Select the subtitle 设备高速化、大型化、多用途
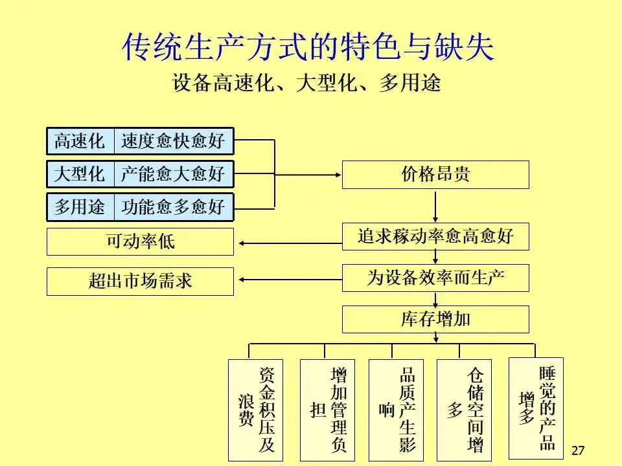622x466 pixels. (x=306, y=83)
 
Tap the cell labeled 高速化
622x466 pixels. (x=80, y=141)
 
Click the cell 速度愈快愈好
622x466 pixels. (x=173, y=141)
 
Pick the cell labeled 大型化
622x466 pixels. (x=80, y=173)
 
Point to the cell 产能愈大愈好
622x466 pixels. (x=173, y=173)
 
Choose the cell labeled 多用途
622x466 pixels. (x=80, y=206)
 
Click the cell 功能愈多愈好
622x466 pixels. (x=173, y=206)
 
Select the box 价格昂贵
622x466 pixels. (x=435, y=174)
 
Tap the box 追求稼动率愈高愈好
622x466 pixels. (x=435, y=236)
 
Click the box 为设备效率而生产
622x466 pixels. (x=435, y=278)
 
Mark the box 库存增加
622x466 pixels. (x=435, y=319)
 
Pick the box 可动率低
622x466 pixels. (x=140, y=242)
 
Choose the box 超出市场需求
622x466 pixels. (x=140, y=282)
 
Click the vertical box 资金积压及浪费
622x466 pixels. (x=255, y=410)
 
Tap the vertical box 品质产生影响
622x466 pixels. (x=396, y=410)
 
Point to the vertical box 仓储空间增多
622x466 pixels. (x=465, y=410)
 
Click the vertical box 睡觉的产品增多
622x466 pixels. (x=536, y=406)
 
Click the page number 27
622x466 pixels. (x=579, y=450)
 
